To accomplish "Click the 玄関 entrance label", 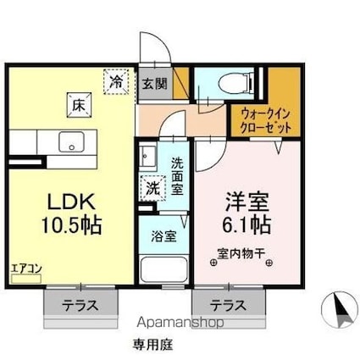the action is click(x=154, y=84).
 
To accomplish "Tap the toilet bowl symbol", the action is click(x=235, y=83).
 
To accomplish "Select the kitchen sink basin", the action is click(x=71, y=141).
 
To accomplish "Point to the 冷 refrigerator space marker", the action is click(x=116, y=81).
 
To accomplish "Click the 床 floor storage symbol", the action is click(x=79, y=105).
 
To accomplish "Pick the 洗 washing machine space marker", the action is click(x=152, y=188).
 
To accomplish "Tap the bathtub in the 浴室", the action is click(x=163, y=269).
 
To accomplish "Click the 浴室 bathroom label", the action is click(x=163, y=236).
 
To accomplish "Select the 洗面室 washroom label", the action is click(x=178, y=176).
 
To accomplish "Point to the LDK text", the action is click(x=71, y=202).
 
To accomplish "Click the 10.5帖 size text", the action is click(x=71, y=225).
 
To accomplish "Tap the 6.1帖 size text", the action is click(x=247, y=224).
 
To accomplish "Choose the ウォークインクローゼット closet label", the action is click(x=265, y=122).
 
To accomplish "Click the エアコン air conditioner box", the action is click(x=26, y=279).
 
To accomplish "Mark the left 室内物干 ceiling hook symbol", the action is click(x=213, y=263).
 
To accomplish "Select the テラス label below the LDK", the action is click(x=80, y=305).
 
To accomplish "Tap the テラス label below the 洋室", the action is click(x=228, y=305).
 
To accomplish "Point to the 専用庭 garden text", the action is click(x=153, y=344).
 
